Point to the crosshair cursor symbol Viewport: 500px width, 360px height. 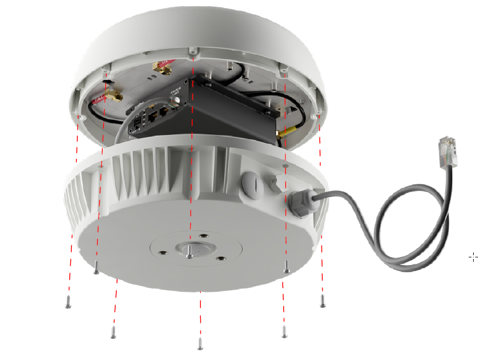(473, 257)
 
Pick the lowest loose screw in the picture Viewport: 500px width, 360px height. (200, 345)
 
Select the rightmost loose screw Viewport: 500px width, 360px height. (323, 302)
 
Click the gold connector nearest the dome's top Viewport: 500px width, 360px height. (162, 69)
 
